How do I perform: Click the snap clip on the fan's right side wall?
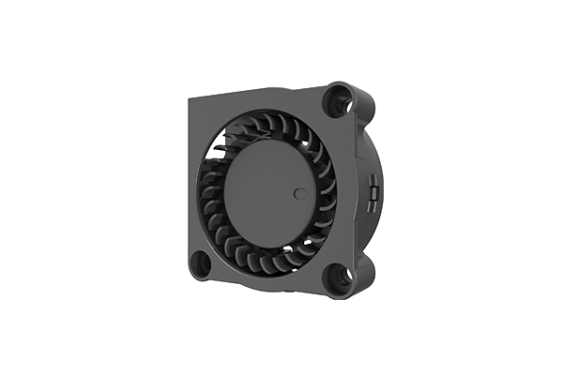tap(373, 194)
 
